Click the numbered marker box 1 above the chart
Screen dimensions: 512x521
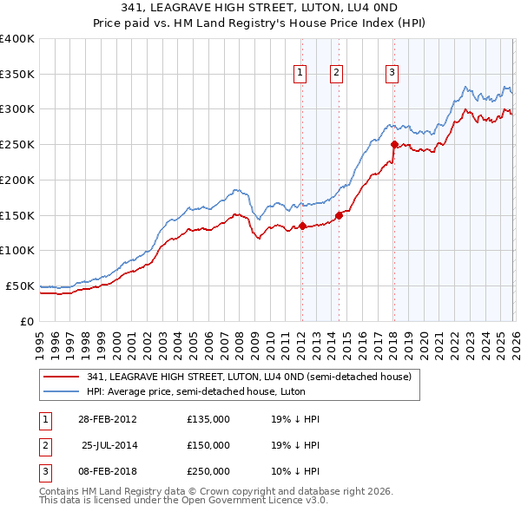coord(300,74)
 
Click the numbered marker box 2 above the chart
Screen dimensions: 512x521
coord(336,74)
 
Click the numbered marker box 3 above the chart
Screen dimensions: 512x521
coord(392,74)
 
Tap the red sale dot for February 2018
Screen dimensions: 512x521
coord(394,145)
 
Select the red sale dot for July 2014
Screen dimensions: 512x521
coord(340,216)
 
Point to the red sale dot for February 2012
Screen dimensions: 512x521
coord(302,226)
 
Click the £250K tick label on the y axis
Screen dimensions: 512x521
coord(17,145)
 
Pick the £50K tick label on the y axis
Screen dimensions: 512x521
coord(20,286)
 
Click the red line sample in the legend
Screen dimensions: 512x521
coord(61,377)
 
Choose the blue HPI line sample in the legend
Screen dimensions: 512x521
coord(61,391)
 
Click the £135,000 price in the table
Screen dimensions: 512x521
coord(208,419)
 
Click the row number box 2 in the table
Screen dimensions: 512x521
coord(42,445)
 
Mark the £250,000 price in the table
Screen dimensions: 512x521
coord(208,471)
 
